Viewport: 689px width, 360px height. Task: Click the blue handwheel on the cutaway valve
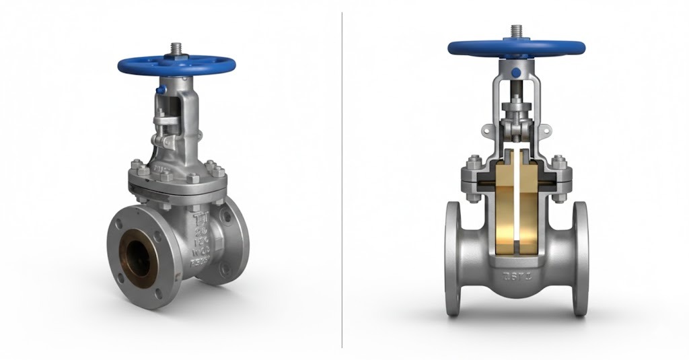[515, 48]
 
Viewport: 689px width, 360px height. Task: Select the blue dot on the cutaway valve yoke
[515, 72]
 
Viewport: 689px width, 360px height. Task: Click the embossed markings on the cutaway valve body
[516, 275]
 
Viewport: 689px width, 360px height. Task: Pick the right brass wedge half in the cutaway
[532, 202]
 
